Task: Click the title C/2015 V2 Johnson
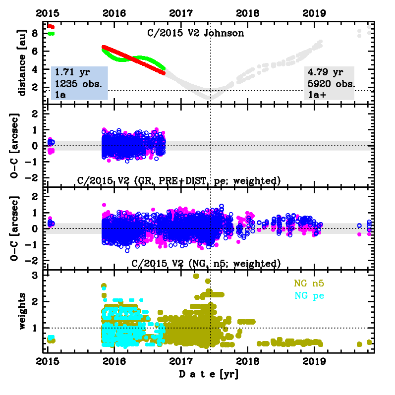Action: [197, 34]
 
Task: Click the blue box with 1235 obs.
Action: [79, 83]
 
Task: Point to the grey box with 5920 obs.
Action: [330, 83]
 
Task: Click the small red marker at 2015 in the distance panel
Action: [51, 26]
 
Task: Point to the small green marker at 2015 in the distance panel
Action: [51, 33]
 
